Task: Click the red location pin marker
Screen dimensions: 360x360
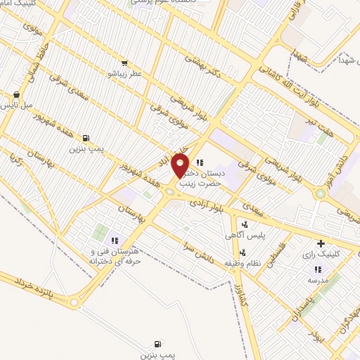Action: pos(181,166)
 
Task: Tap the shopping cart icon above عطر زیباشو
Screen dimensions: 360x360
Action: pos(124,63)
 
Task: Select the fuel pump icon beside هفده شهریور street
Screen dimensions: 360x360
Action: pos(86,138)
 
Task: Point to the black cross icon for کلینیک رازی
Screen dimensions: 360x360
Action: pos(321,243)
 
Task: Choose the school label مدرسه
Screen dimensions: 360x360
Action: pos(317,280)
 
